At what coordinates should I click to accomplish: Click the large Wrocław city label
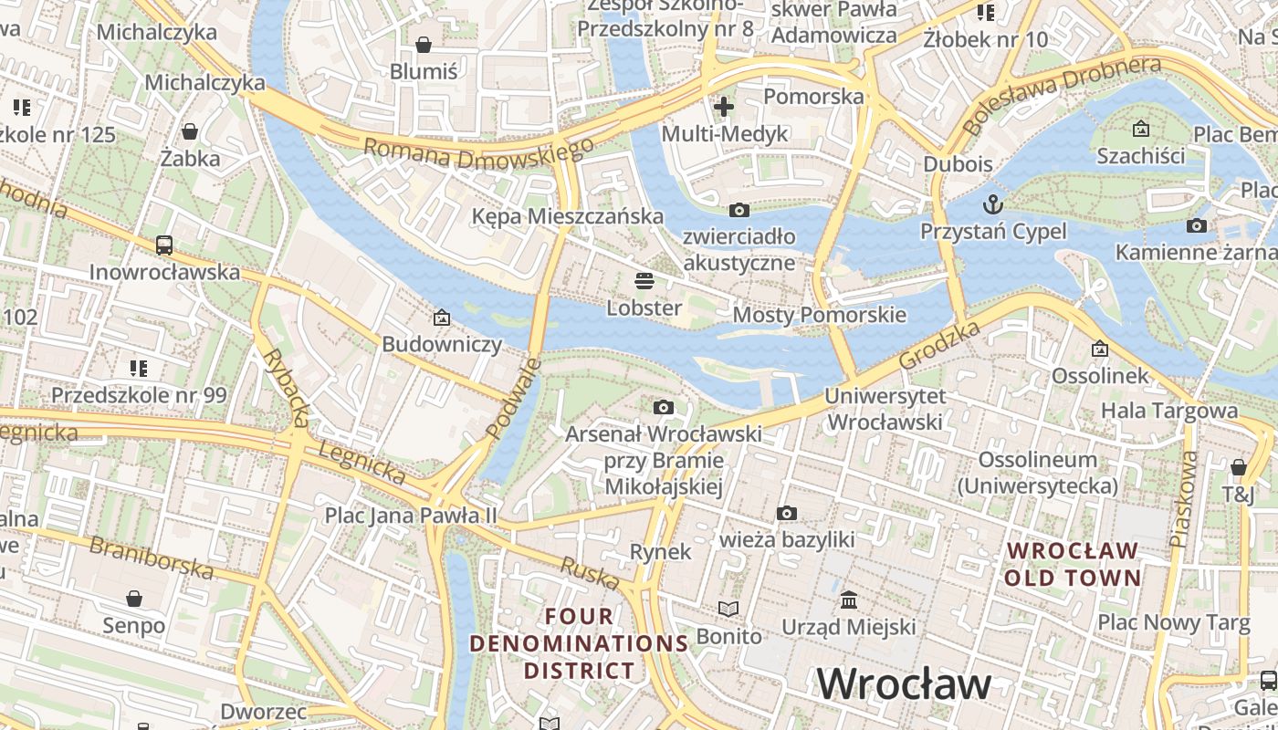(904, 683)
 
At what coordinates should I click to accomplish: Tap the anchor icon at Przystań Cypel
(992, 203)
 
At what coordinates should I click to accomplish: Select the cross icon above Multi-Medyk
(724, 107)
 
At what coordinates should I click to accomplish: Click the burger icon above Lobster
(644, 280)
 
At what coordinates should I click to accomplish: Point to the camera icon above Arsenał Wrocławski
(664, 407)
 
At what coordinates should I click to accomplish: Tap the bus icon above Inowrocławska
(164, 245)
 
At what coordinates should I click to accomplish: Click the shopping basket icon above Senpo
(134, 599)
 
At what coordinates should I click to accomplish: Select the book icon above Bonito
(728, 609)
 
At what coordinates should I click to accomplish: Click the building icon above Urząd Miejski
(849, 600)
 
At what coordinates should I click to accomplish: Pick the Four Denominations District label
(579, 643)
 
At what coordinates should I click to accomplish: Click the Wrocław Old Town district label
(1073, 564)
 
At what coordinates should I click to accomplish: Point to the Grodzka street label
(939, 344)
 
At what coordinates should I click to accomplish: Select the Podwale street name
(514, 398)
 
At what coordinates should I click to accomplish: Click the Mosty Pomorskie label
(819, 316)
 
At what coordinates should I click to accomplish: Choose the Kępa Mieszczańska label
(567, 216)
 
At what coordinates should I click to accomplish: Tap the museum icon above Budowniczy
(442, 318)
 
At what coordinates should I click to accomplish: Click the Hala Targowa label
(1168, 411)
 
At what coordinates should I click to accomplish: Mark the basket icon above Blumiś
(424, 44)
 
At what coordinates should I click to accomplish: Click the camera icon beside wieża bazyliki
(787, 514)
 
